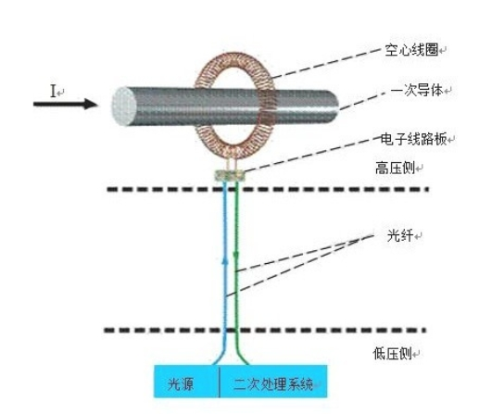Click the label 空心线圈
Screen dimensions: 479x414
click(411, 49)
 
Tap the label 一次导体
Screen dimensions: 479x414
click(417, 91)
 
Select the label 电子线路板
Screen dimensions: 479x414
click(413, 139)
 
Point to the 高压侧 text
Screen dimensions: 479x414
click(395, 169)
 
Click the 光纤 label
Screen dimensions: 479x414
click(400, 236)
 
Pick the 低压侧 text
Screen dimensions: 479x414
click(393, 354)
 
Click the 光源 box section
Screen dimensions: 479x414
click(186, 382)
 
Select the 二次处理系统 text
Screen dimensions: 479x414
click(273, 384)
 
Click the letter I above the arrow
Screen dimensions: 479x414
click(53, 92)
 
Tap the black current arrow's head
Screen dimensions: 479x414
click(91, 104)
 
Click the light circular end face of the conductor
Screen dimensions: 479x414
click(124, 107)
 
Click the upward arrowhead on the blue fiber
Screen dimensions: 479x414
click(225, 261)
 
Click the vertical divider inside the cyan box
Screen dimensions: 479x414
click(220, 382)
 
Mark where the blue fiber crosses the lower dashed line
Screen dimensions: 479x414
click(225, 331)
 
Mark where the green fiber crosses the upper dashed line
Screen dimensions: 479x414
click(236, 189)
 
